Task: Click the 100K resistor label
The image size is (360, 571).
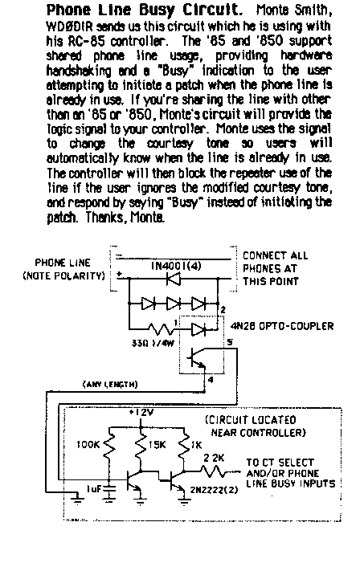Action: (88, 445)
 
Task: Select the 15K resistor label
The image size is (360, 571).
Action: (157, 445)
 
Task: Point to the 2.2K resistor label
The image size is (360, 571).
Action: (214, 458)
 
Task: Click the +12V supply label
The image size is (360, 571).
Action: (141, 413)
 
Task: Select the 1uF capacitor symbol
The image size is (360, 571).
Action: (109, 490)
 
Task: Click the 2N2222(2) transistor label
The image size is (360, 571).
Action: (214, 489)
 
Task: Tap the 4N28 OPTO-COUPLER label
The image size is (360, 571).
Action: (282, 325)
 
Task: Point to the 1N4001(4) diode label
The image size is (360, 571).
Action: (176, 266)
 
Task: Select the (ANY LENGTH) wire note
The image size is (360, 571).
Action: (110, 384)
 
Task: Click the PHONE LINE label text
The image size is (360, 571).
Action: (63, 263)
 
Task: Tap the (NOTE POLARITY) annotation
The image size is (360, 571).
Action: (63, 275)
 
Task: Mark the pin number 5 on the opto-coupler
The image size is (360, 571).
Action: (230, 341)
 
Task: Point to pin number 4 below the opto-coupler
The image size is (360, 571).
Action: (211, 379)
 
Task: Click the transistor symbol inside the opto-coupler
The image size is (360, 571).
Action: (197, 357)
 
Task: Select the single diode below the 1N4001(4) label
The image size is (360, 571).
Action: (173, 279)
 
